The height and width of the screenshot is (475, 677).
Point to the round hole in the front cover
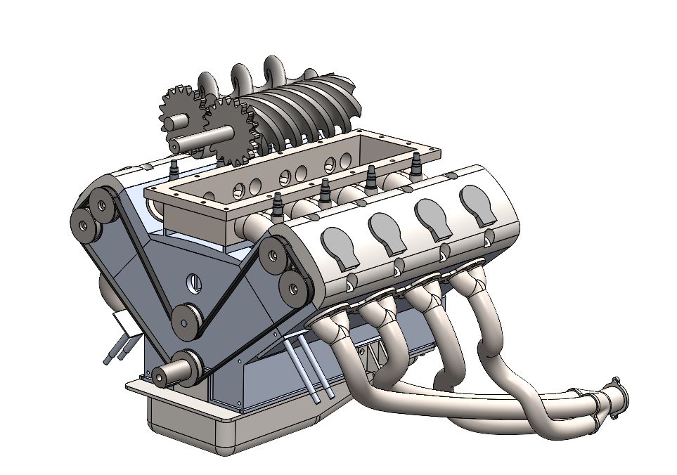click(193, 284)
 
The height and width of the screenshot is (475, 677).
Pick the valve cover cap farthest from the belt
click(481, 204)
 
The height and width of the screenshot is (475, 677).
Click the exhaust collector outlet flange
click(619, 396)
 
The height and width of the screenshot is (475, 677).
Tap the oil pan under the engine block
click(211, 429)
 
